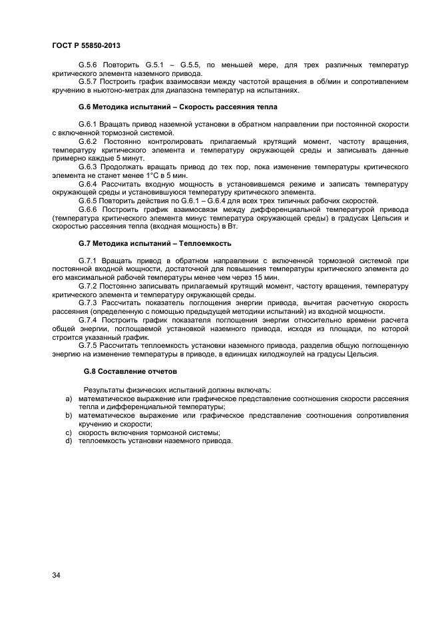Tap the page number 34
[x=56, y=575]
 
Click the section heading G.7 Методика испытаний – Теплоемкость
[x=154, y=243]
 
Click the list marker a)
[x=69, y=398]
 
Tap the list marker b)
[x=69, y=415]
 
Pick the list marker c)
[x=69, y=432]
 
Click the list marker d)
[x=69, y=440]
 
